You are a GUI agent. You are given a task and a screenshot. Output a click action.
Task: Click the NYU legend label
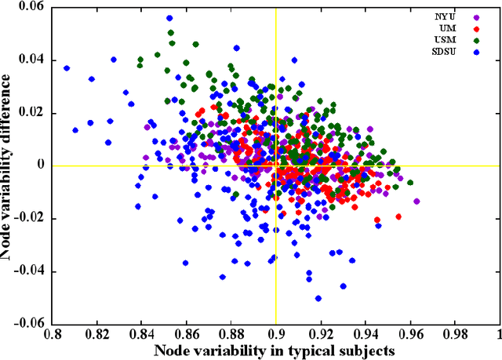pos(446,15)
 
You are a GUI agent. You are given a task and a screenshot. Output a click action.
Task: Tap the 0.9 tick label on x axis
pos(275,334)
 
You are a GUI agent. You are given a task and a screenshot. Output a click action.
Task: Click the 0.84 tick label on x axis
pos(141,334)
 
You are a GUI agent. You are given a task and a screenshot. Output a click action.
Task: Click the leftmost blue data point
pos(67,68)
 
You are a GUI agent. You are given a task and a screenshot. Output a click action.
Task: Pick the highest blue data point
pos(169,18)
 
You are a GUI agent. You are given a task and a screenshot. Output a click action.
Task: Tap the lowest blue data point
pos(318,298)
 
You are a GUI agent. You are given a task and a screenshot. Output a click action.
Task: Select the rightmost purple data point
pos(417,202)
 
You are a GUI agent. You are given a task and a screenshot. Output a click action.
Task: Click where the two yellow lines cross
pos(275,165)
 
